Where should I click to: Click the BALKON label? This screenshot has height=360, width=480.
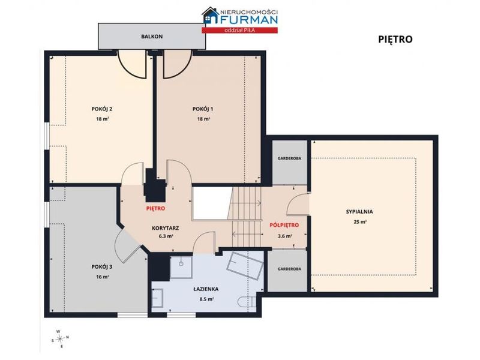(x=152, y=37)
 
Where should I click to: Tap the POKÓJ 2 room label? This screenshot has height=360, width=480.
(x=102, y=109)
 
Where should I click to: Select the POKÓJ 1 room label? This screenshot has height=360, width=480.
(x=203, y=109)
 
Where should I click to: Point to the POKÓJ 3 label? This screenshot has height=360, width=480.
(x=102, y=267)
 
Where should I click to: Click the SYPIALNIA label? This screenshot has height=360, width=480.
(x=359, y=212)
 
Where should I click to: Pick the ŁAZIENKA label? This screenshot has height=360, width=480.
(x=206, y=289)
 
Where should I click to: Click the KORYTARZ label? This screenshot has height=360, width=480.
(x=166, y=229)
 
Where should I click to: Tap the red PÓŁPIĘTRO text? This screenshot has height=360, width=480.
(x=284, y=226)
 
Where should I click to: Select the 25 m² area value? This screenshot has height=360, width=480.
(x=360, y=222)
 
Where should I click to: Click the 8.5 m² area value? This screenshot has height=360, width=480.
(x=206, y=299)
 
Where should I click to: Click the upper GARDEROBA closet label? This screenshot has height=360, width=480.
(x=289, y=158)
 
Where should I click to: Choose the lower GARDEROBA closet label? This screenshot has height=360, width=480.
(x=289, y=269)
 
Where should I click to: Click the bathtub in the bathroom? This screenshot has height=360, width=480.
(x=245, y=265)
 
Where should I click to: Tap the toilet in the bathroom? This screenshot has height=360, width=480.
(x=247, y=302)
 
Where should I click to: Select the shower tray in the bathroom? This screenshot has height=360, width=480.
(x=181, y=267)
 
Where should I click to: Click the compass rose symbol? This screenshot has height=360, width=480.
(x=61, y=338)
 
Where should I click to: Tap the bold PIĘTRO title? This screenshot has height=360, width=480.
(x=395, y=40)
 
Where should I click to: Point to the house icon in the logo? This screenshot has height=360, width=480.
(x=211, y=16)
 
